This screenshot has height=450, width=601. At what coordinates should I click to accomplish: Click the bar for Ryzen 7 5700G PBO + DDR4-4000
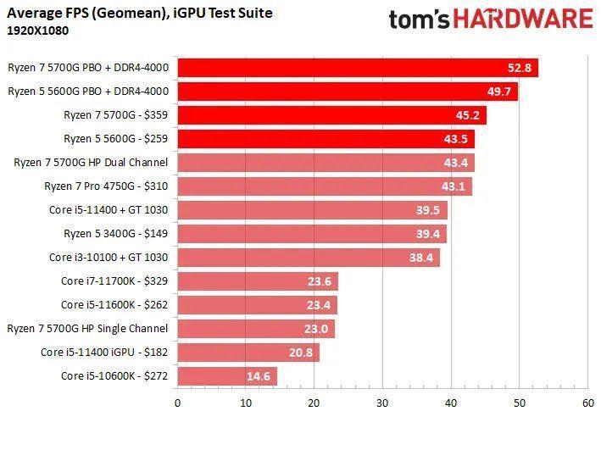point(356,68)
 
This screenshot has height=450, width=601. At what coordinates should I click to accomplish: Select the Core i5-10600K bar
point(226,375)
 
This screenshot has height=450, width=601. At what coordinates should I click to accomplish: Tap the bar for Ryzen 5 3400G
point(311,234)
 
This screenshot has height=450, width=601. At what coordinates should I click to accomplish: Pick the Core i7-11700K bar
point(257,281)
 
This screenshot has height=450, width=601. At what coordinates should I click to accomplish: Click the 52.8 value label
point(517,68)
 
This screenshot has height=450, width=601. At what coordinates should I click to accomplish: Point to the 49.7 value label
point(497,92)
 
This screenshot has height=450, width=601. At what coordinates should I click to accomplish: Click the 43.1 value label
point(451,186)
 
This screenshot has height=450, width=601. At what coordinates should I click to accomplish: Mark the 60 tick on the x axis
point(586,403)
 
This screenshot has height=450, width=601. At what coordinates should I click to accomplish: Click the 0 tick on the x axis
point(177,403)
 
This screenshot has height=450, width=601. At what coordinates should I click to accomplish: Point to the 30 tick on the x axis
point(381,403)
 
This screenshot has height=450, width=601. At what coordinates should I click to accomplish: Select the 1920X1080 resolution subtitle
point(38,31)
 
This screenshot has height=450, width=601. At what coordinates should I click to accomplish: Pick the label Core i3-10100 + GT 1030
point(109,257)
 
